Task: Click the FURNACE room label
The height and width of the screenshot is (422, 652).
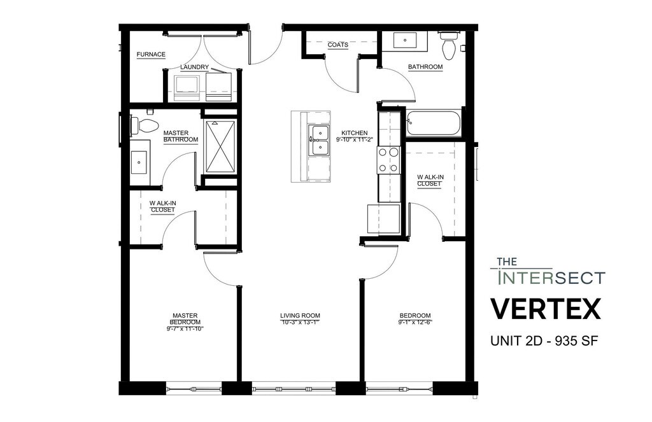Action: (151, 55)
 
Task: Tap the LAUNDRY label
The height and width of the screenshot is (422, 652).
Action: (195, 67)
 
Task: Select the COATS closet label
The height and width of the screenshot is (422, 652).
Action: (337, 45)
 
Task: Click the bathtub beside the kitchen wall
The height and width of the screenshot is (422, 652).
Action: (434, 123)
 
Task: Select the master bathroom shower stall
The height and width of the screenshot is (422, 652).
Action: (220, 146)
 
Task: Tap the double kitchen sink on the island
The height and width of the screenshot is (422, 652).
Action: (319, 140)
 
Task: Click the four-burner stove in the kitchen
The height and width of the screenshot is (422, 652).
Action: (389, 160)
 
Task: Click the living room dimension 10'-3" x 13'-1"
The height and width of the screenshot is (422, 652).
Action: (301, 322)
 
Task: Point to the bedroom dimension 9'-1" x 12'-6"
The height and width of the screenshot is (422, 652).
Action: (415, 322)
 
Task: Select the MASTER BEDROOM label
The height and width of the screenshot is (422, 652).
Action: (185, 319)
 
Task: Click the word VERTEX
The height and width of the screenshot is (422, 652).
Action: (546, 309)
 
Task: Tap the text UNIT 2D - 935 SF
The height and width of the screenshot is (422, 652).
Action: (544, 341)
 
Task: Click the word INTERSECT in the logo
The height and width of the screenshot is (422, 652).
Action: (551, 278)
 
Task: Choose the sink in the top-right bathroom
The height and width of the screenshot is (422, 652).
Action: (405, 41)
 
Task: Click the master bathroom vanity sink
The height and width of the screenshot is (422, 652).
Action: (138, 162)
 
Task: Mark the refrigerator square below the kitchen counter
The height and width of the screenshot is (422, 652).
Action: (383, 218)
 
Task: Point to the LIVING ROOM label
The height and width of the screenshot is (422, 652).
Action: (301, 316)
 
